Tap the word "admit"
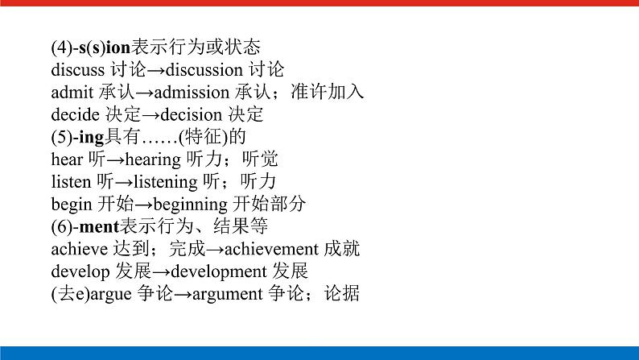[x=69, y=93]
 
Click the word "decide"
[x=72, y=115]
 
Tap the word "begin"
[x=71, y=205]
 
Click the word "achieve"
[x=76, y=250]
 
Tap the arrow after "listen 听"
[x=129, y=182]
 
